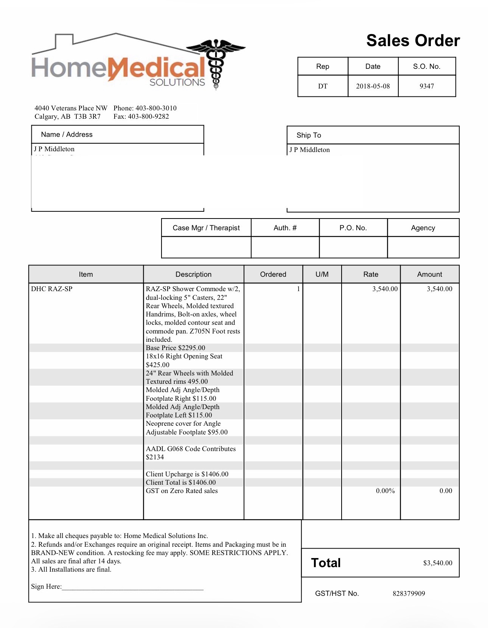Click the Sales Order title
click(x=413, y=41)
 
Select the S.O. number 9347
click(x=426, y=86)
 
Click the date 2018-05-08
click(x=373, y=86)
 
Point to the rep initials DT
click(x=322, y=86)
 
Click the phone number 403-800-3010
click(x=156, y=108)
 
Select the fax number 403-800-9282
click(x=148, y=116)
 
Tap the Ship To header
click(x=309, y=135)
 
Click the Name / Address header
click(x=67, y=135)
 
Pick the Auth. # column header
click(x=285, y=228)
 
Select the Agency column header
click(x=423, y=228)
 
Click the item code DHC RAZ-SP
click(x=52, y=289)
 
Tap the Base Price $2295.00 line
click(x=176, y=348)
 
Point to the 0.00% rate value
click(x=385, y=491)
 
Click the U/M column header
click(x=322, y=274)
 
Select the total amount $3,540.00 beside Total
click(x=437, y=563)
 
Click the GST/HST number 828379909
click(x=409, y=594)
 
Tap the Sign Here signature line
click(x=132, y=587)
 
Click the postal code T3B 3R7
click(x=87, y=116)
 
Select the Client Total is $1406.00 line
click(x=181, y=482)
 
